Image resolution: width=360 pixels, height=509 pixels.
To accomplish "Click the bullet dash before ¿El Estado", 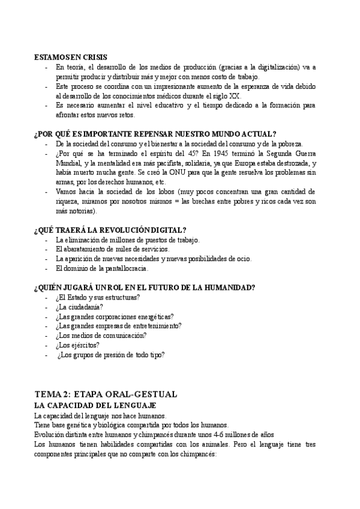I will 47,297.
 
